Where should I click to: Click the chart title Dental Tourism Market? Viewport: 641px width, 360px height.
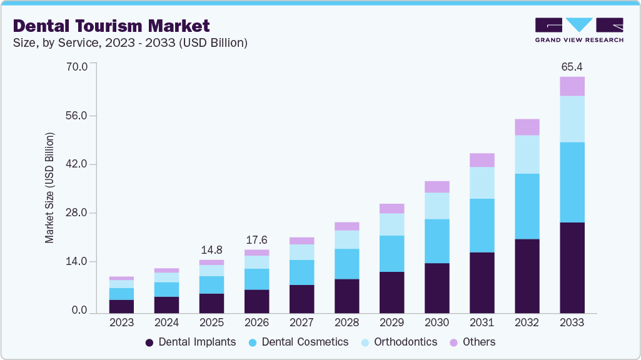(x=111, y=26)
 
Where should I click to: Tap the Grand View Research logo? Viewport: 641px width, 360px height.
(x=578, y=29)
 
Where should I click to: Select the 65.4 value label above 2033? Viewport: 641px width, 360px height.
(x=572, y=66)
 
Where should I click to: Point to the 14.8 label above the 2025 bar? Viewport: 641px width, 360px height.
(x=211, y=250)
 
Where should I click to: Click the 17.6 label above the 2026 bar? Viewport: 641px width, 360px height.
(x=256, y=240)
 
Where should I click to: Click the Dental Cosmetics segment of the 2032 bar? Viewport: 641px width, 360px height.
(x=527, y=206)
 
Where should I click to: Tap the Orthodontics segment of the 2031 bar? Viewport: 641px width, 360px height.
(x=482, y=182)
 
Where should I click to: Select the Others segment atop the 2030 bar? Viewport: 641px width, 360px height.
(x=437, y=186)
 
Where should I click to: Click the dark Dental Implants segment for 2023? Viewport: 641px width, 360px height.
(x=121, y=306)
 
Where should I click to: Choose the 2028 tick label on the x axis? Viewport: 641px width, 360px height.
(x=346, y=323)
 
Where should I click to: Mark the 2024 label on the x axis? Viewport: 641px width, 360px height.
(x=166, y=323)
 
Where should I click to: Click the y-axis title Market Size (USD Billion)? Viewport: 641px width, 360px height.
(x=49, y=187)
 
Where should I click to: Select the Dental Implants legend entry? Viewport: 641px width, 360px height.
(x=190, y=342)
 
